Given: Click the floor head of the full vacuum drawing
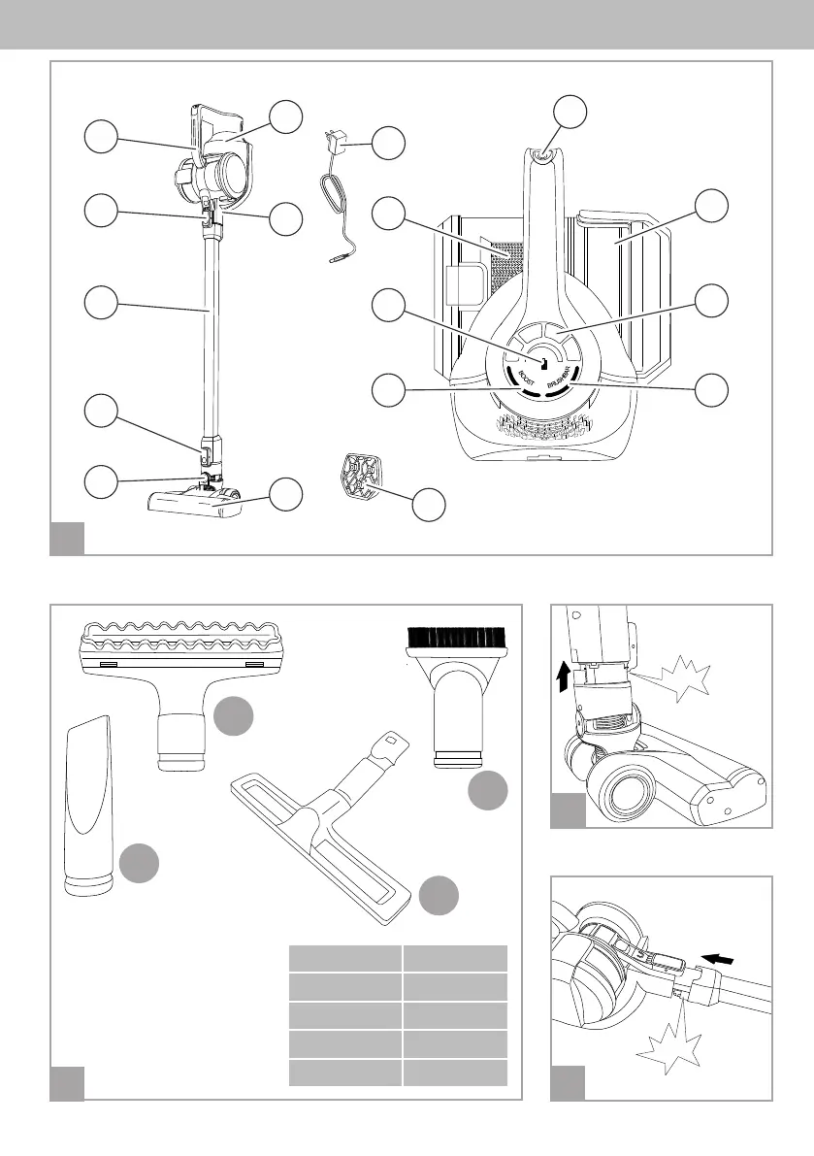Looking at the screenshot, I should [x=194, y=501].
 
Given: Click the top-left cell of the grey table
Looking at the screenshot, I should [x=345, y=958].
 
